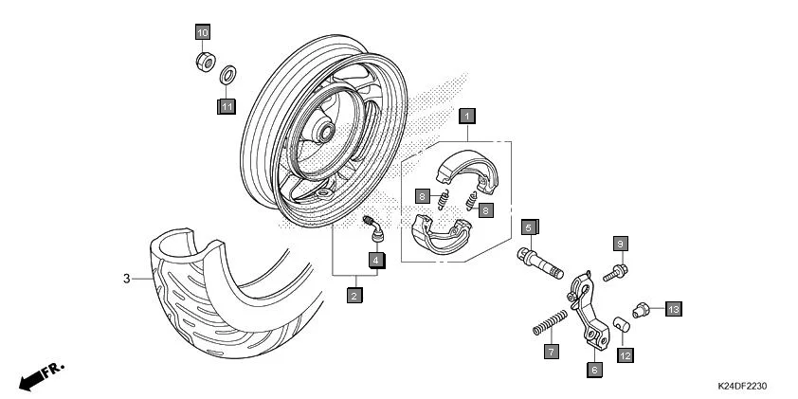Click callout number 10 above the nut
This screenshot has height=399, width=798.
click(x=202, y=32)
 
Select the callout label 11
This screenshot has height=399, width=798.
click(x=227, y=106)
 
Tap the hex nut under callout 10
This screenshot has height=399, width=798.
click(x=202, y=63)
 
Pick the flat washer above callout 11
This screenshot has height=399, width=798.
click(x=227, y=75)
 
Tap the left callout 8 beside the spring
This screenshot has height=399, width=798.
click(x=423, y=196)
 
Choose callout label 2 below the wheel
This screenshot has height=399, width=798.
click(x=353, y=296)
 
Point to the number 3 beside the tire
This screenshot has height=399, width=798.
click(x=125, y=279)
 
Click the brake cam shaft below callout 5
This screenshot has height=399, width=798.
click(x=539, y=260)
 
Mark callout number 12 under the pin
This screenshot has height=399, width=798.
click(x=626, y=355)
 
